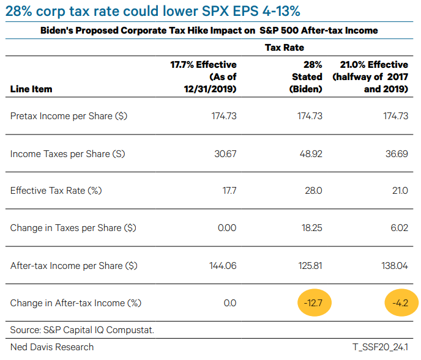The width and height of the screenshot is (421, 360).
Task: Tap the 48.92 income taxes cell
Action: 310,154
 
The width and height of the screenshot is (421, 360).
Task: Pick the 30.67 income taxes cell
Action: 225,154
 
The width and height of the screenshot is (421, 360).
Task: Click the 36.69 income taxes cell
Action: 396,154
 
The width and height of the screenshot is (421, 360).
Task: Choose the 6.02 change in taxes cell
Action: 398,228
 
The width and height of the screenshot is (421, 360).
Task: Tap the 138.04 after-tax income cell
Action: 395,266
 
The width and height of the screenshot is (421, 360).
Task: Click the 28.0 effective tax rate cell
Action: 313,191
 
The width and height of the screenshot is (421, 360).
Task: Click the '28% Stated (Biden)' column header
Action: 305,77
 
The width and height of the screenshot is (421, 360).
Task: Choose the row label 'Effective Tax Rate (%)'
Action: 56,191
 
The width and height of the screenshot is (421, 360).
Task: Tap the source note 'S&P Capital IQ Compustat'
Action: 82,330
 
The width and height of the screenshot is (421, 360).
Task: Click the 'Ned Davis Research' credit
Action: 52,347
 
